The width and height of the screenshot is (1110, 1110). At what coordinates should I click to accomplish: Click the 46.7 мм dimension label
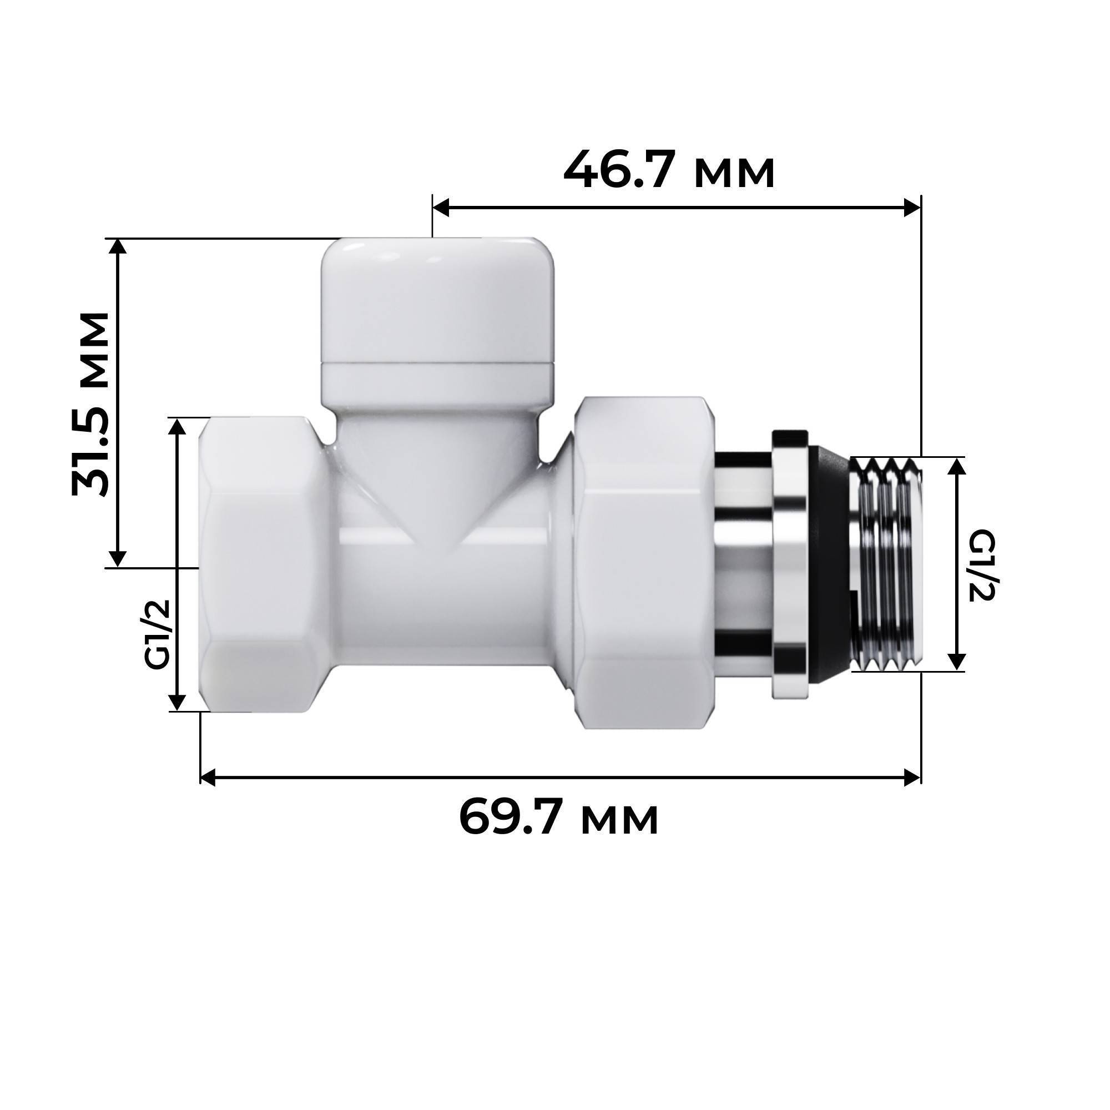click(x=669, y=170)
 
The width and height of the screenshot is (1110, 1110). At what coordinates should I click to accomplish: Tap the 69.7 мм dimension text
click(x=558, y=818)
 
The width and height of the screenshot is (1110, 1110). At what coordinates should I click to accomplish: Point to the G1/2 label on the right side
click(x=981, y=566)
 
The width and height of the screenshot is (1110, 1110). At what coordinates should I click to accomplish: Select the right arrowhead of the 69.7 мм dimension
click(x=912, y=778)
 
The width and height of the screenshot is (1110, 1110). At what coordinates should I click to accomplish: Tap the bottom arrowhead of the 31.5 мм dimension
click(x=118, y=558)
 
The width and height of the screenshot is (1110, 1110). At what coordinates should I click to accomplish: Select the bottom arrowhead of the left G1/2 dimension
click(x=178, y=702)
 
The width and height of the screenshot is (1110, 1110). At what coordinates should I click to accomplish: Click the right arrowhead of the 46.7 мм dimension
click(x=912, y=208)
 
